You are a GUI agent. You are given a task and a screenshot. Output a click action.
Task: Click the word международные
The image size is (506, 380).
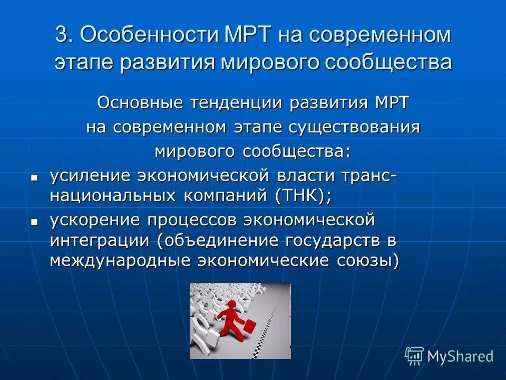click(119, 261)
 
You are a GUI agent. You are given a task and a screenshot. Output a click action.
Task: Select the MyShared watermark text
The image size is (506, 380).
click(460, 356)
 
